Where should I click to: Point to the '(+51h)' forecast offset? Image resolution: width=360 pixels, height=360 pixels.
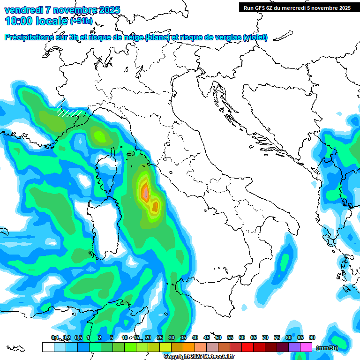click(x=81, y=22)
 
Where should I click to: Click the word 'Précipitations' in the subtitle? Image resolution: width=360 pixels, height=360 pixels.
click(x=32, y=37)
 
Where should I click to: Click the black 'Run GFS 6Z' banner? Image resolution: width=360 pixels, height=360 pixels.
click(x=295, y=7)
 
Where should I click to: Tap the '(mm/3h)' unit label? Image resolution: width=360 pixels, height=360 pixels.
click(x=327, y=348)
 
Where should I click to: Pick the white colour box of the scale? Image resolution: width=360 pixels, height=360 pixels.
click(x=48, y=347)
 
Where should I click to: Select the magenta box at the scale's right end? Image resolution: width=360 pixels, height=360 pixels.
click(x=307, y=347)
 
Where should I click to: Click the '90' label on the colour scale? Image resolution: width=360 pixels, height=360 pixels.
click(x=312, y=338)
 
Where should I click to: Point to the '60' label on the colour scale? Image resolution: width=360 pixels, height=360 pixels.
click(x=242, y=338)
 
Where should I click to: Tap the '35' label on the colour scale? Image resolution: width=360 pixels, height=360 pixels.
click(x=183, y=338)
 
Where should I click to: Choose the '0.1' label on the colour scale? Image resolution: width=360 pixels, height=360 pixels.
click(x=55, y=338)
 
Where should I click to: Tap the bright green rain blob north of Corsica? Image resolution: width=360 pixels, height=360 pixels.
click(x=100, y=136)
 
